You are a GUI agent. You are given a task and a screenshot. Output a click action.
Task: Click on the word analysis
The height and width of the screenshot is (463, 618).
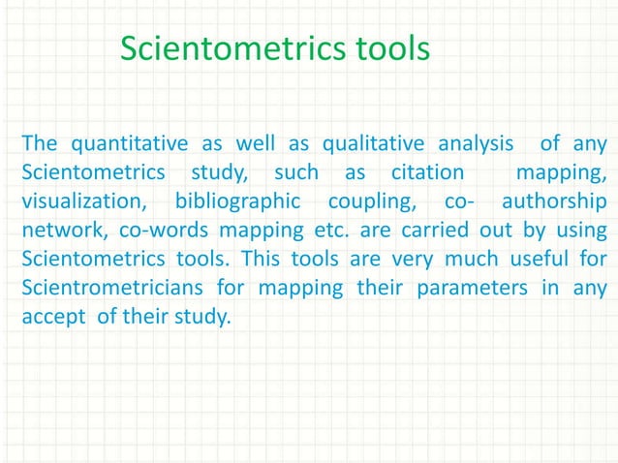475,145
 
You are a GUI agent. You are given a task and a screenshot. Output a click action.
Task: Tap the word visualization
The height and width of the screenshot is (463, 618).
80,203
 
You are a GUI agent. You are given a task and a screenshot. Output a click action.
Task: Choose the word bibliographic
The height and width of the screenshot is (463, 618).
232,203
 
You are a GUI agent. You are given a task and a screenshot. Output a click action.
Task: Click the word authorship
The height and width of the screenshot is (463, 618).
555,203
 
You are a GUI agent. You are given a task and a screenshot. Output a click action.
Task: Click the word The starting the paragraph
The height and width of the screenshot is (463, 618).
40,145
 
